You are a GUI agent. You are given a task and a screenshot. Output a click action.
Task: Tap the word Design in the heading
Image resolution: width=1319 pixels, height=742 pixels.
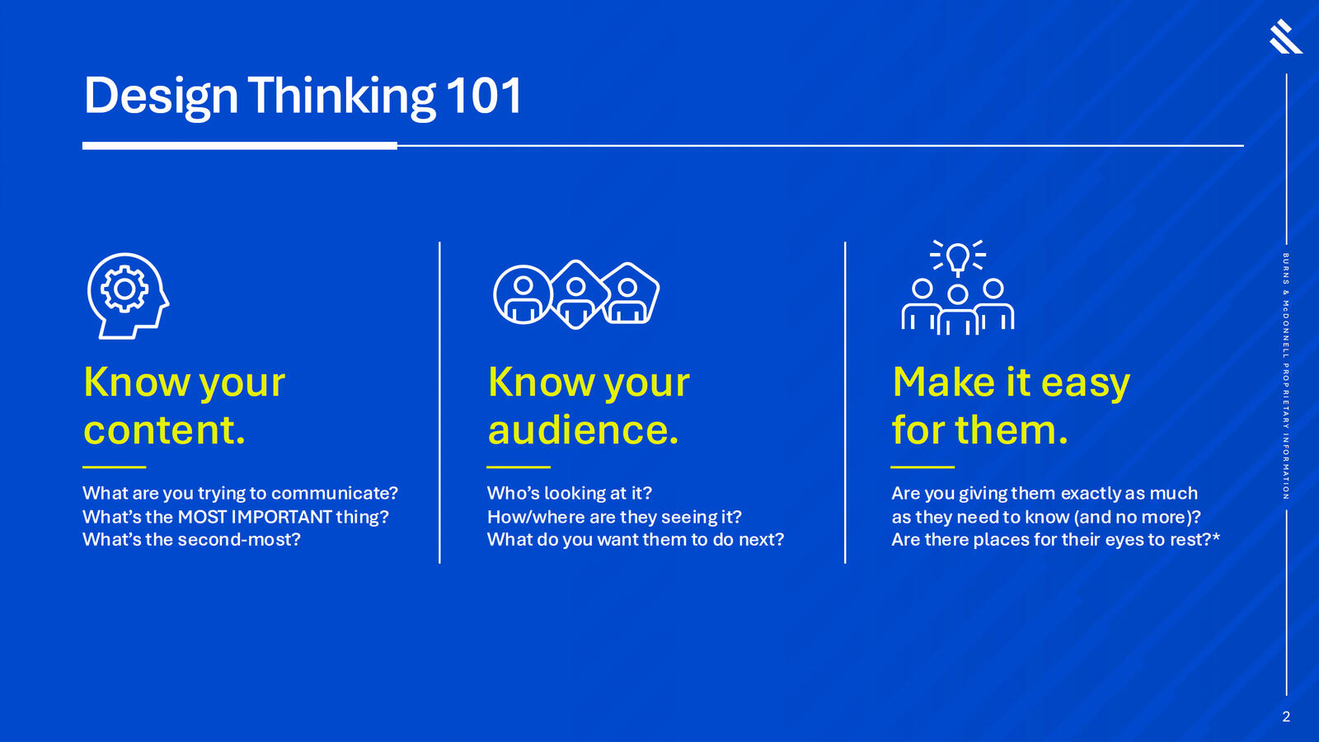[x=161, y=98]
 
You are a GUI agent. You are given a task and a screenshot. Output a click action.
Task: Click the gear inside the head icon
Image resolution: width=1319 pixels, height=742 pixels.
[x=124, y=289]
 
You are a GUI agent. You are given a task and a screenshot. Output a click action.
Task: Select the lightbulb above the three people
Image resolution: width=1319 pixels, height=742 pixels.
[x=957, y=259]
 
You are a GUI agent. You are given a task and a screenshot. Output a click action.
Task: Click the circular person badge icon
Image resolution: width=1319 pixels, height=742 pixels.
[x=523, y=294]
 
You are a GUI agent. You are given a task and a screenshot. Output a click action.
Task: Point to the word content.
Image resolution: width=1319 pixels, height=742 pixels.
[x=164, y=430]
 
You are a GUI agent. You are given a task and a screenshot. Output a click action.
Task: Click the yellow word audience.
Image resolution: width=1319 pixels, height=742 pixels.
[x=583, y=430]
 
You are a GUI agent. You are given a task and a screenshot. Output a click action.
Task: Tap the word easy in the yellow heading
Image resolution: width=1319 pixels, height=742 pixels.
[x=1085, y=384]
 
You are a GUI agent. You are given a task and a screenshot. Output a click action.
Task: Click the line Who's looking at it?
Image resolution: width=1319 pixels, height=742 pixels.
[x=570, y=493]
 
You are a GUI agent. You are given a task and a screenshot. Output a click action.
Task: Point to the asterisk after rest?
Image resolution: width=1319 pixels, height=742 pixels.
[x=1216, y=537]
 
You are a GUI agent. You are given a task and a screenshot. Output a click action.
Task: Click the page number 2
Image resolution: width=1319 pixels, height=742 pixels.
[x=1286, y=716]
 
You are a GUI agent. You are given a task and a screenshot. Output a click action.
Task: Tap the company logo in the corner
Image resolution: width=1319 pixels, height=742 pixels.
[x=1285, y=36]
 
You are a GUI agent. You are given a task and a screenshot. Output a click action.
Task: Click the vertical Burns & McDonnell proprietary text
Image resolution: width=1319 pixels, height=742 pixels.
[x=1286, y=376]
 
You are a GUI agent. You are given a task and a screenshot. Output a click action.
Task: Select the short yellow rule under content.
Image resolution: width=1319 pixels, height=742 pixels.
[x=115, y=467]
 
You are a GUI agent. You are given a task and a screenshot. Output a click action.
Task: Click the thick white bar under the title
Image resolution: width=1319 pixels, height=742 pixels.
[x=240, y=145]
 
